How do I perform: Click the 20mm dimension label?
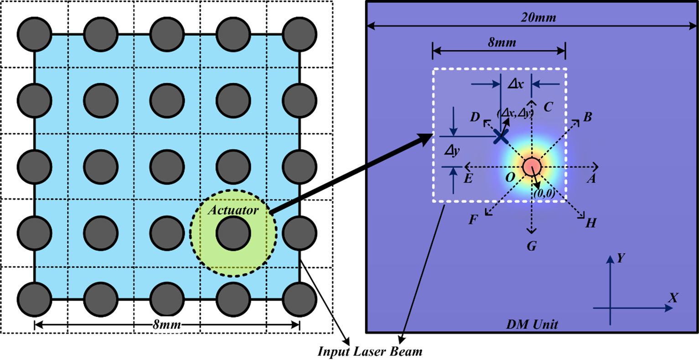[538, 18]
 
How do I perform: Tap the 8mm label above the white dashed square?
[502, 42]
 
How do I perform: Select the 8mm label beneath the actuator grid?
[166, 325]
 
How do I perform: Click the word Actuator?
[233, 210]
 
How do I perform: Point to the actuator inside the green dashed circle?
[233, 233]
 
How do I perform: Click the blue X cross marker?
[501, 136]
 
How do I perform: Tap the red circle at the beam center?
[531, 167]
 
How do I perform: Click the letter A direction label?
[591, 179]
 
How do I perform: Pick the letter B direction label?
[588, 117]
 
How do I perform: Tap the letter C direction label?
[548, 107]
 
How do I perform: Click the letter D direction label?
[475, 117]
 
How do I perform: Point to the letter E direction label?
[468, 178]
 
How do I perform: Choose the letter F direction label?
[473, 220]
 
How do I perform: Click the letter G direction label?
[532, 246]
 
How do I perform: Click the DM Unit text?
[532, 325]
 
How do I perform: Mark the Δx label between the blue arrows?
[516, 84]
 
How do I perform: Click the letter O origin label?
[510, 177]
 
